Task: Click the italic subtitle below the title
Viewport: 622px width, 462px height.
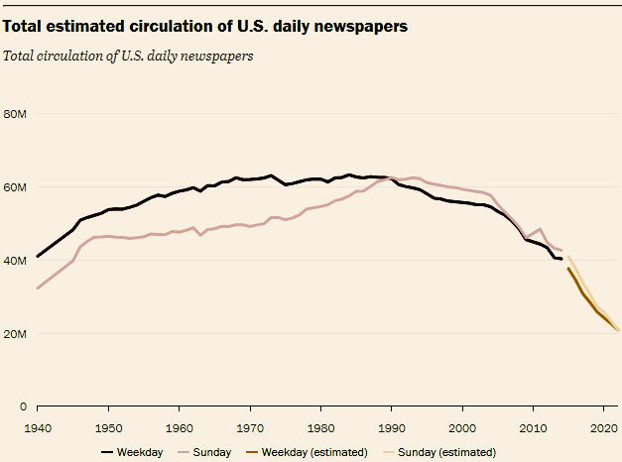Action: (128, 55)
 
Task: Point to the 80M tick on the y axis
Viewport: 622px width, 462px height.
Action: (15, 114)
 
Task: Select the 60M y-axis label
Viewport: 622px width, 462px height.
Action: (15, 187)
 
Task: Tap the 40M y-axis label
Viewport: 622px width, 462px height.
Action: (15, 261)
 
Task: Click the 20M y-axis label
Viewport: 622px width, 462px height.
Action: (15, 334)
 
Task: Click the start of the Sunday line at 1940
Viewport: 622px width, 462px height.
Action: (38, 288)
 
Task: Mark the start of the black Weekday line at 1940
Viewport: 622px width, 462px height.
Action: (38, 256)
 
